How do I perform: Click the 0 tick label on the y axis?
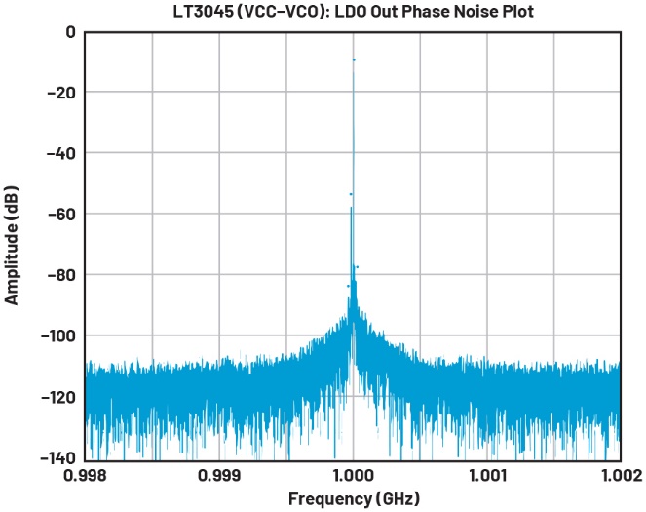point(70,32)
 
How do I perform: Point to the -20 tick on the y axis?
point(61,93)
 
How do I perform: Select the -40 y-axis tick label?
point(61,153)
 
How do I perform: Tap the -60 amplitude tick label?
point(61,214)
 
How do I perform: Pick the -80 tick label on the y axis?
point(61,275)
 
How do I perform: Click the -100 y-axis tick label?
point(57,335)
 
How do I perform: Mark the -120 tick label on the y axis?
point(57,397)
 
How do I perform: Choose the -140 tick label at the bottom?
point(57,457)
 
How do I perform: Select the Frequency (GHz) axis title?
point(354,498)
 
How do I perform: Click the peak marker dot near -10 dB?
point(354,60)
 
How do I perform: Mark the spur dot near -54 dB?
point(351,194)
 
